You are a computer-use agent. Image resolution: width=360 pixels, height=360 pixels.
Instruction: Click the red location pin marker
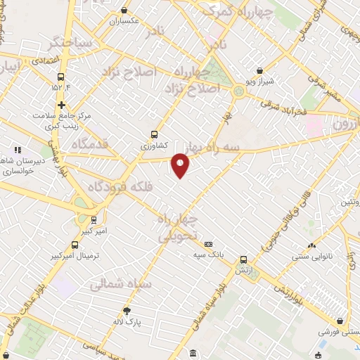pos(181,165)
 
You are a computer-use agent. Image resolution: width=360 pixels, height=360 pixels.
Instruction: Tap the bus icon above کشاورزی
pos(155,134)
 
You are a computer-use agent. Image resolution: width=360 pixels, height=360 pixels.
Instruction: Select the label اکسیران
pos(125,21)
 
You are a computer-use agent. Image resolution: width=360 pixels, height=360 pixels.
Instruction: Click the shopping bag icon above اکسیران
pos(125,11)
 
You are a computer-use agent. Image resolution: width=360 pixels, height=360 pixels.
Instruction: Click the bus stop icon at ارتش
pos(244,259)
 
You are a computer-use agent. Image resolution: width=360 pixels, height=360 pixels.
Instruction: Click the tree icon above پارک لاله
pos(127,311)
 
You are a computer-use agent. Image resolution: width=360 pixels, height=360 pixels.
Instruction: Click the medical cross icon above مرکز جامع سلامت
pos(62,104)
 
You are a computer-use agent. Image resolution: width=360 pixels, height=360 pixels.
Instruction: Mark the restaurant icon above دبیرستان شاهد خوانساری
pos(18,150)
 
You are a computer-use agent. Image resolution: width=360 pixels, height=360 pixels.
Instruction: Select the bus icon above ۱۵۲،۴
pos(62,77)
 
